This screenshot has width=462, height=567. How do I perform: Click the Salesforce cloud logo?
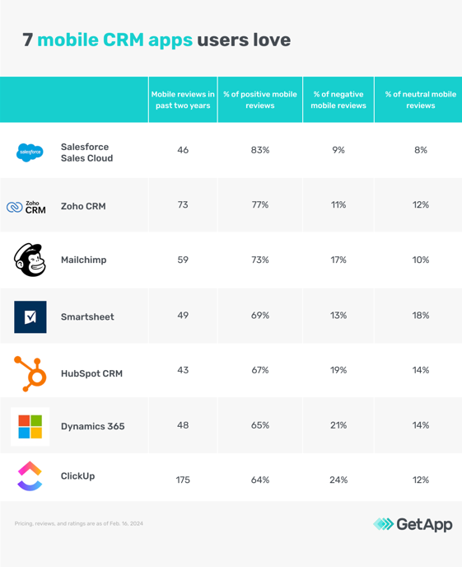point(30,152)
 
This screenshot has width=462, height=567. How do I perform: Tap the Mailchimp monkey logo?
point(30,260)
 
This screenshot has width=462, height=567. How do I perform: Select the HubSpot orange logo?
point(30,373)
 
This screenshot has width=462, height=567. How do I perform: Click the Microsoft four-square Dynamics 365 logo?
point(30,426)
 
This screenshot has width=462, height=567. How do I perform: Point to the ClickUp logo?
point(30,476)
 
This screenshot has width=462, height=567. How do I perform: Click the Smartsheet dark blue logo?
point(30,316)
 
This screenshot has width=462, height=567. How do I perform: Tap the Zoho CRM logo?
point(27,207)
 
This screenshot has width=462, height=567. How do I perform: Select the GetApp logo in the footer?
point(413,524)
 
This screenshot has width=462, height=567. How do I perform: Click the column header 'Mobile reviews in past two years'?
point(183,100)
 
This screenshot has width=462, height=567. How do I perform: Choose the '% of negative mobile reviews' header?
point(338,100)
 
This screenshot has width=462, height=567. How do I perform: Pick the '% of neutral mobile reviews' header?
point(420,100)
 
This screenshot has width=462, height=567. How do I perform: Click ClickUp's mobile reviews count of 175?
point(183,480)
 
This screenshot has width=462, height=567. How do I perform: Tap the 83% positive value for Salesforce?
point(260,150)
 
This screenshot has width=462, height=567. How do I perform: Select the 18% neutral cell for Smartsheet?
point(420,316)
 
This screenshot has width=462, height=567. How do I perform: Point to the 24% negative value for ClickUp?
point(338,480)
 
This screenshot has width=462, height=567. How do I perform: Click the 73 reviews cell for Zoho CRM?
point(183,204)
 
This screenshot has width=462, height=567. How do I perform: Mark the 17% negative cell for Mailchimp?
point(338,260)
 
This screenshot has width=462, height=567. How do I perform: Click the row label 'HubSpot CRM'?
point(91,373)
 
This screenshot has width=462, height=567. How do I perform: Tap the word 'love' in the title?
point(268,40)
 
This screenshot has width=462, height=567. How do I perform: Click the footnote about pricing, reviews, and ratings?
point(79,523)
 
